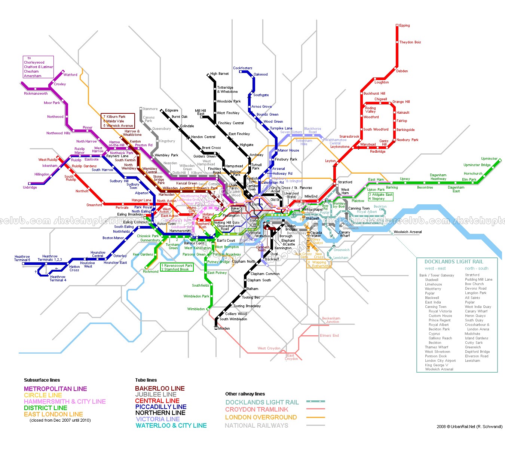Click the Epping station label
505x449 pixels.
[404, 25]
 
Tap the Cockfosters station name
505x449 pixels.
[242, 68]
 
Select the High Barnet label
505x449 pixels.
[219, 74]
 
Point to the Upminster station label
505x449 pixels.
[489, 159]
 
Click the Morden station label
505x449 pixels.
[224, 329]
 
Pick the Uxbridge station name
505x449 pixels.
[30, 187]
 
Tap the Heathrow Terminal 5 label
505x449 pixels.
[22, 258]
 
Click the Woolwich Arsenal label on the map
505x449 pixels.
[408, 232]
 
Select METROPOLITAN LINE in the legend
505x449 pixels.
[55, 389]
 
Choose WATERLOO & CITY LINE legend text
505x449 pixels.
[171, 425]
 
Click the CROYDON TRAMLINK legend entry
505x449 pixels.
[257, 409]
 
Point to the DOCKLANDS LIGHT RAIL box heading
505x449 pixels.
[453, 262]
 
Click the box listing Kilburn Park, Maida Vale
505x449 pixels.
[118, 121]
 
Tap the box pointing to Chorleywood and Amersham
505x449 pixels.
[38, 67]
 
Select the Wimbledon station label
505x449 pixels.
[196, 309]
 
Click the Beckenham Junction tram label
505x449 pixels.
[331, 320]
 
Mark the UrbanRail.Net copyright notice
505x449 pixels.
[469, 427]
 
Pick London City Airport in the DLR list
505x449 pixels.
[440, 361]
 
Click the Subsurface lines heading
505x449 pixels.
[42, 380]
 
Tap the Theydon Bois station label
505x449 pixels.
[410, 42]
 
